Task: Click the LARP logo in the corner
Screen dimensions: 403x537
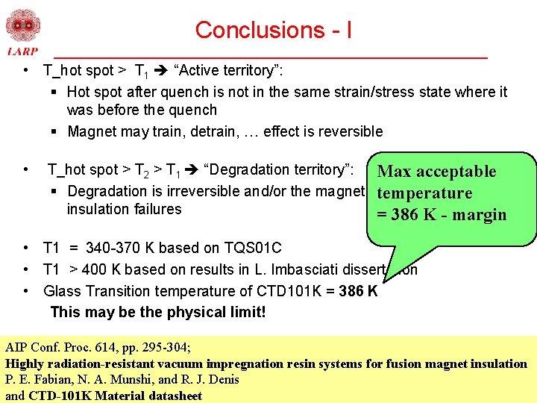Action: pos(22,33)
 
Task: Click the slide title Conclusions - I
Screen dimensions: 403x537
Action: pos(273,30)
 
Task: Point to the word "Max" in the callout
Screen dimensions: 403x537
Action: pos(395,172)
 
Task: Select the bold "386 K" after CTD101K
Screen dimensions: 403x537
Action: pos(358,291)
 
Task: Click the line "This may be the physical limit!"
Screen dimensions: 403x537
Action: pos(157,312)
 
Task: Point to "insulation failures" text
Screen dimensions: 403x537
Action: pos(124,209)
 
